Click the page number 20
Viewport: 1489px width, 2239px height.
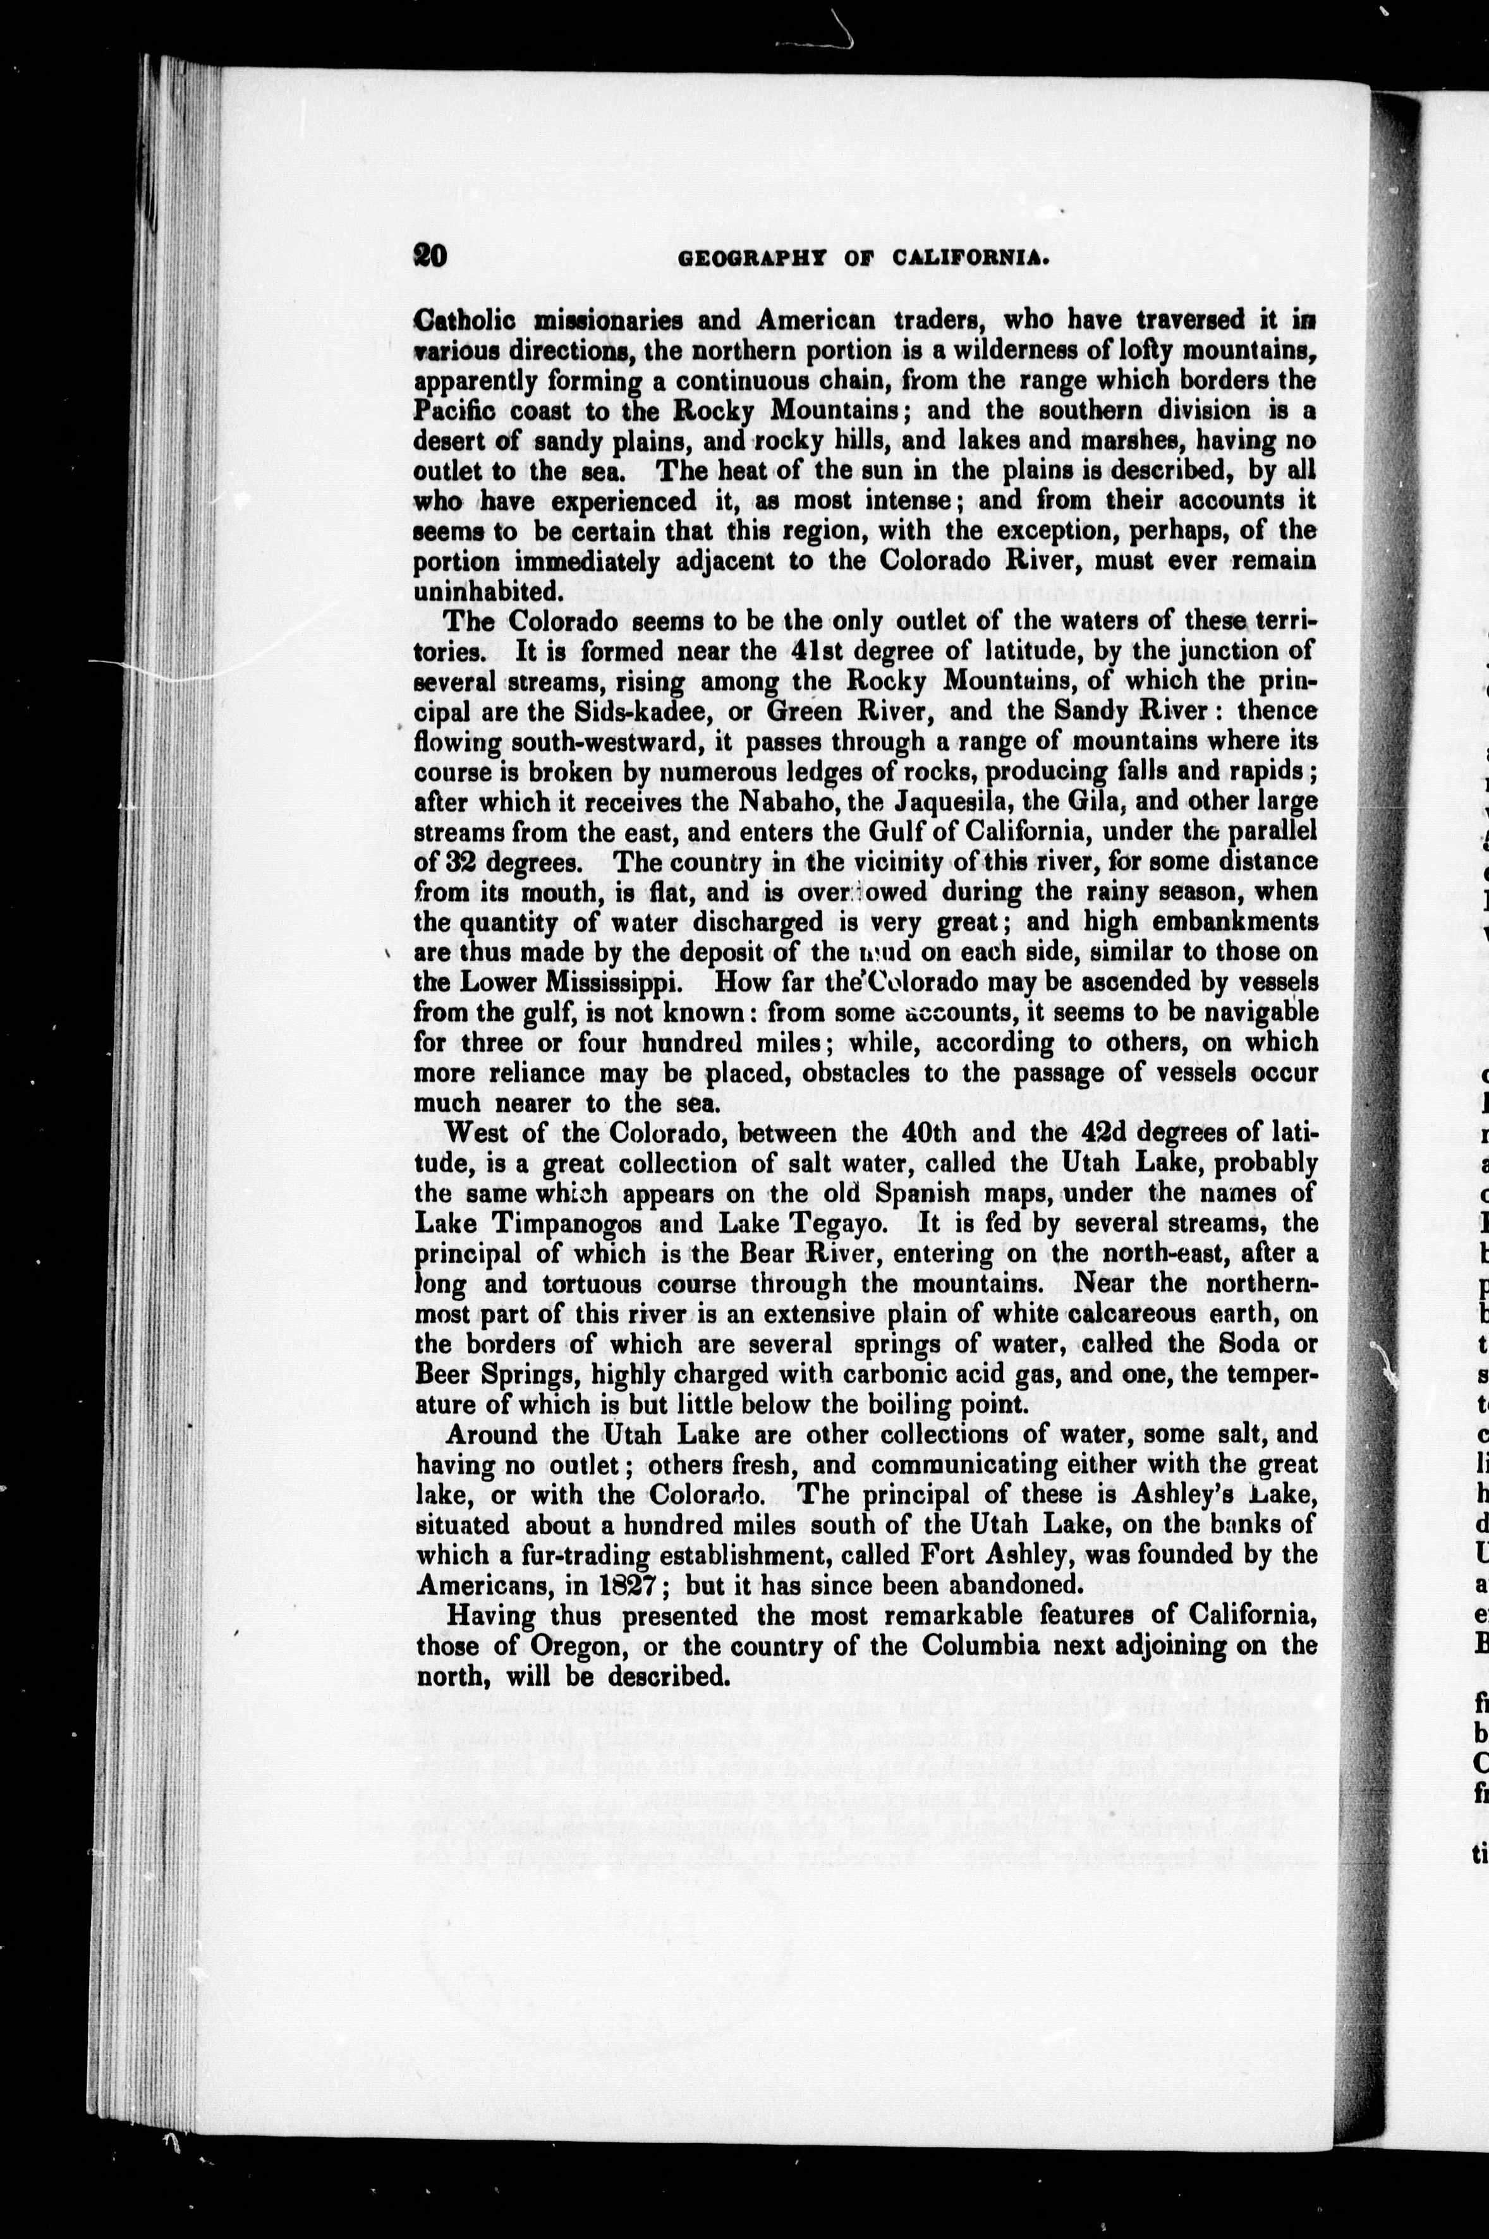coord(430,256)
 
